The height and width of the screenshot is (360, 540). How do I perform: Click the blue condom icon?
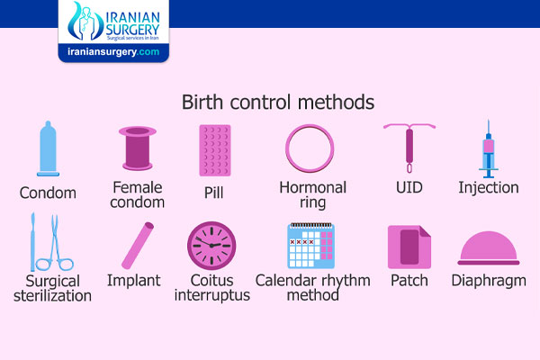(x=48, y=148)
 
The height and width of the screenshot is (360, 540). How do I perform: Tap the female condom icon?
(x=138, y=148)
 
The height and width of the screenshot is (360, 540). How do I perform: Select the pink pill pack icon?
(x=215, y=150)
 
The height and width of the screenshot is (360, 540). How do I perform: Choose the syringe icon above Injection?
(x=489, y=148)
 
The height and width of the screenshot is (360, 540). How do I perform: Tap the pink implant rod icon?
(x=138, y=246)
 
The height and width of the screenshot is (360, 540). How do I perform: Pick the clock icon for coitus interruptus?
(x=211, y=246)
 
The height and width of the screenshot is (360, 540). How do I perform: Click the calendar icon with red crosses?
(x=311, y=246)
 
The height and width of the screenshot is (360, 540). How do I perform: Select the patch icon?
(x=409, y=247)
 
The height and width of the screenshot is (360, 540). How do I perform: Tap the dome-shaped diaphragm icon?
(x=489, y=248)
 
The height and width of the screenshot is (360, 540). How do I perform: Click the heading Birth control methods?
(x=278, y=103)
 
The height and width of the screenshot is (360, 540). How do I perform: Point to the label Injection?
(x=489, y=188)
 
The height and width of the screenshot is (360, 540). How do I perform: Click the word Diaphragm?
(x=489, y=282)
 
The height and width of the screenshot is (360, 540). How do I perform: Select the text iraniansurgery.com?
(x=113, y=52)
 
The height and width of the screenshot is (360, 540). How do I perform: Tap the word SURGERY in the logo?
(x=132, y=30)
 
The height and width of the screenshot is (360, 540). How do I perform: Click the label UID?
(x=409, y=188)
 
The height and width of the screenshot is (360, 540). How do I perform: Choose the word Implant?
(x=133, y=281)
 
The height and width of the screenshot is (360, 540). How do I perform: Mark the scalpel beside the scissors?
(x=32, y=242)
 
